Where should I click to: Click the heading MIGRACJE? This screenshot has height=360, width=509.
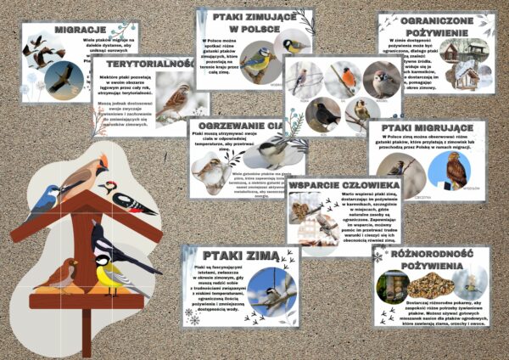(x=55, y=29)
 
